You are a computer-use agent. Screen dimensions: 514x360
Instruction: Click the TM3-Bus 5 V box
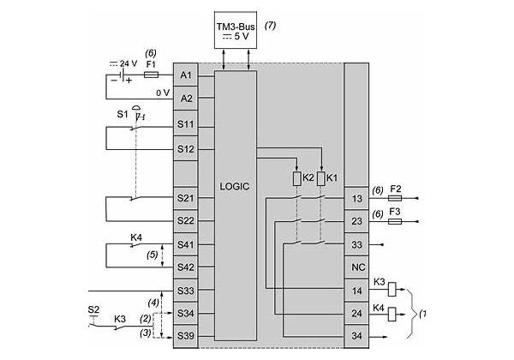tap(236, 30)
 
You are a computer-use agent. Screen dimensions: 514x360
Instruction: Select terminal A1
tap(186, 75)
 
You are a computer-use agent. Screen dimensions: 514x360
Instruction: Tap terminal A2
tap(186, 98)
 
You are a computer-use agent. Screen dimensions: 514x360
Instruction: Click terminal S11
tap(186, 124)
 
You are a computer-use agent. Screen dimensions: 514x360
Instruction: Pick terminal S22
tap(186, 220)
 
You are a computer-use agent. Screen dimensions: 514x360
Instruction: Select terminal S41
tap(186, 244)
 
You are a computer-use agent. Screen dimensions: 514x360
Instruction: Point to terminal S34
tap(186, 314)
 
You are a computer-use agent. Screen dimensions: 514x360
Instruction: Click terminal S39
tap(186, 336)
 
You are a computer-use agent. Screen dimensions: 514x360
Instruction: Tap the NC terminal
tap(356, 267)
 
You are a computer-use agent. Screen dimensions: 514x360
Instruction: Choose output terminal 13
tap(356, 198)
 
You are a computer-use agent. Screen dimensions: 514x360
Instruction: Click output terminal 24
tap(356, 314)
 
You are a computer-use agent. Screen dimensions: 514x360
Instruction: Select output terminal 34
tap(356, 336)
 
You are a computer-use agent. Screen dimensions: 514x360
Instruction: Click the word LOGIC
tap(235, 186)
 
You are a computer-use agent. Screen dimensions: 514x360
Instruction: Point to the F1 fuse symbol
tap(151, 75)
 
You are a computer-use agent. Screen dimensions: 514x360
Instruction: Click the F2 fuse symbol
tap(395, 198)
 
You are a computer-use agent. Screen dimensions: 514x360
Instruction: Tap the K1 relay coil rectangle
tap(321, 178)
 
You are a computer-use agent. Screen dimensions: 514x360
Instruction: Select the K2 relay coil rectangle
tap(296, 178)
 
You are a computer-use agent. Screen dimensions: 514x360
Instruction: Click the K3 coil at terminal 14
tap(392, 289)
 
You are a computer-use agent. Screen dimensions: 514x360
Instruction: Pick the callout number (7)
tap(270, 26)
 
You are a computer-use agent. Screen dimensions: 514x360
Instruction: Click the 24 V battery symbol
tap(122, 75)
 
